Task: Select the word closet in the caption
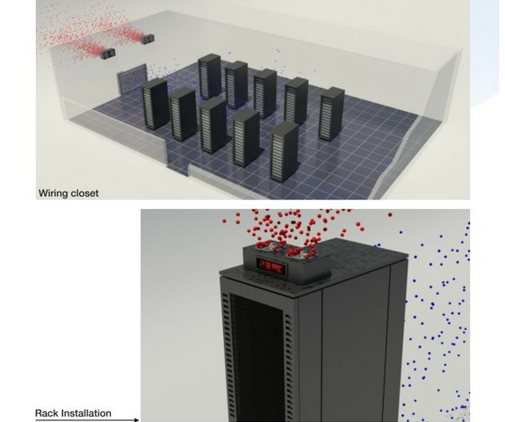click(85, 193)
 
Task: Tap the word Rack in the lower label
click(47, 413)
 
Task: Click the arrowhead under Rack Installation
click(137, 419)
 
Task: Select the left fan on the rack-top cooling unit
click(266, 246)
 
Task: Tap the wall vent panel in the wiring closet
click(132, 79)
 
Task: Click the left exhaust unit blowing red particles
click(107, 54)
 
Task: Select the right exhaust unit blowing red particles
click(148, 39)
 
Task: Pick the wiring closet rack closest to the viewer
click(284, 152)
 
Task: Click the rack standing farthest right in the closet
click(331, 114)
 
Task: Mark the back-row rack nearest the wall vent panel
click(210, 76)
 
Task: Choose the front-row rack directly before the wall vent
click(155, 103)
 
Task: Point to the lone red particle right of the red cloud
click(390, 215)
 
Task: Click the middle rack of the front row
click(213, 125)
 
